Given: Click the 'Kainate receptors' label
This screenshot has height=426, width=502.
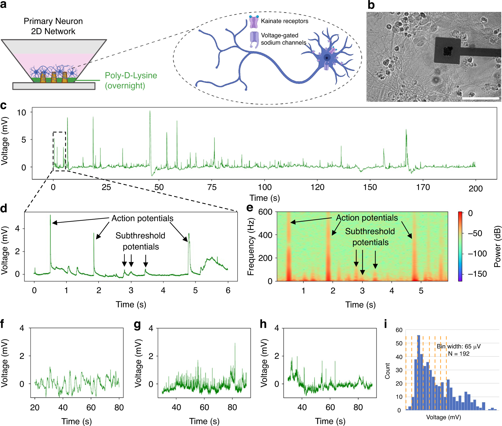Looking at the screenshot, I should coord(284,21).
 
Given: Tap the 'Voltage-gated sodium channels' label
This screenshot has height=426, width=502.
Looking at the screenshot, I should coord(283,39).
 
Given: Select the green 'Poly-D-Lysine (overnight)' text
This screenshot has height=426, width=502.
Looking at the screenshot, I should coord(131,80).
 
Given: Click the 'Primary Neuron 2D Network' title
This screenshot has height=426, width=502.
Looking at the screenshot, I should coord(53,26).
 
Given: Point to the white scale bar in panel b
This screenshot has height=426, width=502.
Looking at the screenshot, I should coord(480,99).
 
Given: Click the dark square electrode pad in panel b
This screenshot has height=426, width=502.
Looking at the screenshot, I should coord(447,51).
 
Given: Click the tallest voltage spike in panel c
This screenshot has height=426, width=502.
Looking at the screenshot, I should coord(150,112).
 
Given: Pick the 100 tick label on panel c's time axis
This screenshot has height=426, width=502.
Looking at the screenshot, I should coord(265,187).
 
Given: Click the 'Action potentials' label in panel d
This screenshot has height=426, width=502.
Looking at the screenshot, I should coord(142,218).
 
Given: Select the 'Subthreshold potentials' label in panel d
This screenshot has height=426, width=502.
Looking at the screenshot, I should coord(141,241).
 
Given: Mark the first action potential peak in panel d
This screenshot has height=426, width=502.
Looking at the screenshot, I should coord(50,216).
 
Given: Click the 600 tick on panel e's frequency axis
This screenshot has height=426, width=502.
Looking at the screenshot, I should coord(265,212).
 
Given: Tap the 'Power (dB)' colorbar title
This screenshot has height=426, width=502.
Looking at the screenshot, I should coord(497,246).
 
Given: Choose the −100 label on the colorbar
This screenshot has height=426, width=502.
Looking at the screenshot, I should coord(477,254).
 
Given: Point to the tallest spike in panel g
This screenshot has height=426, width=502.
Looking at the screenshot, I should coord(235,344).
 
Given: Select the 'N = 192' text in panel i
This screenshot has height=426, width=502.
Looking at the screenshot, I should coord(459,354).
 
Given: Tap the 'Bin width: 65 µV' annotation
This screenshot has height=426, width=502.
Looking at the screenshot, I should coord(458,346).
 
